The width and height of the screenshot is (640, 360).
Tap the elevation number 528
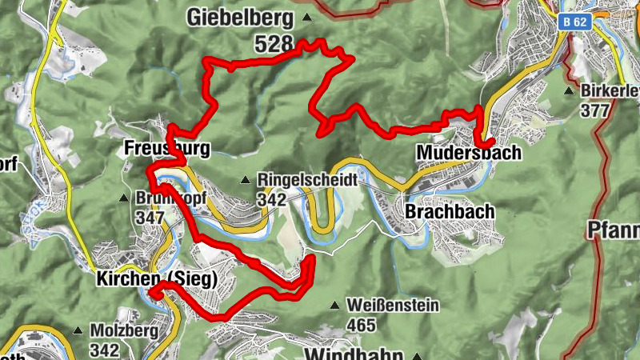pyautogui.click(x=274, y=45)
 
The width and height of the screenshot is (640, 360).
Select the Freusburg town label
pyautogui.click(x=166, y=149)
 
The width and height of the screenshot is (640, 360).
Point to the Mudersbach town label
pyautogui.click(x=468, y=152)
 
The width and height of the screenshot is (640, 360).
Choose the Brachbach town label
pyautogui.click(x=450, y=212)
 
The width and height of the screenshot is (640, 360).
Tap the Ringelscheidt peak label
pyautogui.click(x=307, y=180)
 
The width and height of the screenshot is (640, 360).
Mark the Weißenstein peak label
pyautogui.click(x=392, y=305)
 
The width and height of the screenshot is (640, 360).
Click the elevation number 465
pyautogui.click(x=362, y=326)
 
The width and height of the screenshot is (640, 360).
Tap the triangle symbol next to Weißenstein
pyautogui.click(x=334, y=305)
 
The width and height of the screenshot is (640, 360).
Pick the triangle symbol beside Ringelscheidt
pyautogui.click(x=246, y=180)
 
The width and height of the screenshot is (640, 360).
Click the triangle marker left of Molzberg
pyautogui.click(x=78, y=330)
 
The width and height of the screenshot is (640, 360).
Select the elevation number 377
pyautogui.click(x=595, y=111)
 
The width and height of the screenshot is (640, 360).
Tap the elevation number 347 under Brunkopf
pyautogui.click(x=150, y=217)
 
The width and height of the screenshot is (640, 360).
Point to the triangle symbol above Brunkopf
pyautogui.click(x=123, y=198)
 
